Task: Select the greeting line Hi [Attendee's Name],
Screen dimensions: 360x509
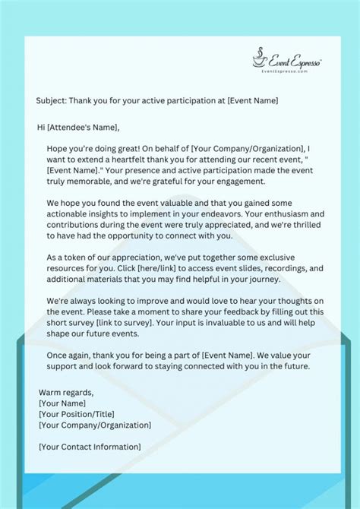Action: [78, 126]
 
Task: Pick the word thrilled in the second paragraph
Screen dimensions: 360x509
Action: [299, 226]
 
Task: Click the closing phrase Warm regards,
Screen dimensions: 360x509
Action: [66, 393]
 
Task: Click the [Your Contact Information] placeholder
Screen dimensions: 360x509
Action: [90, 447]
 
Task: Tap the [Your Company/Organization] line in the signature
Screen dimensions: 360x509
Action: [95, 425]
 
